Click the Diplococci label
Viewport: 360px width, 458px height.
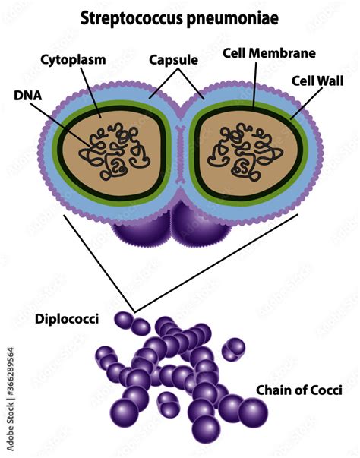67,319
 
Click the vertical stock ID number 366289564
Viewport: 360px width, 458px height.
10,398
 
